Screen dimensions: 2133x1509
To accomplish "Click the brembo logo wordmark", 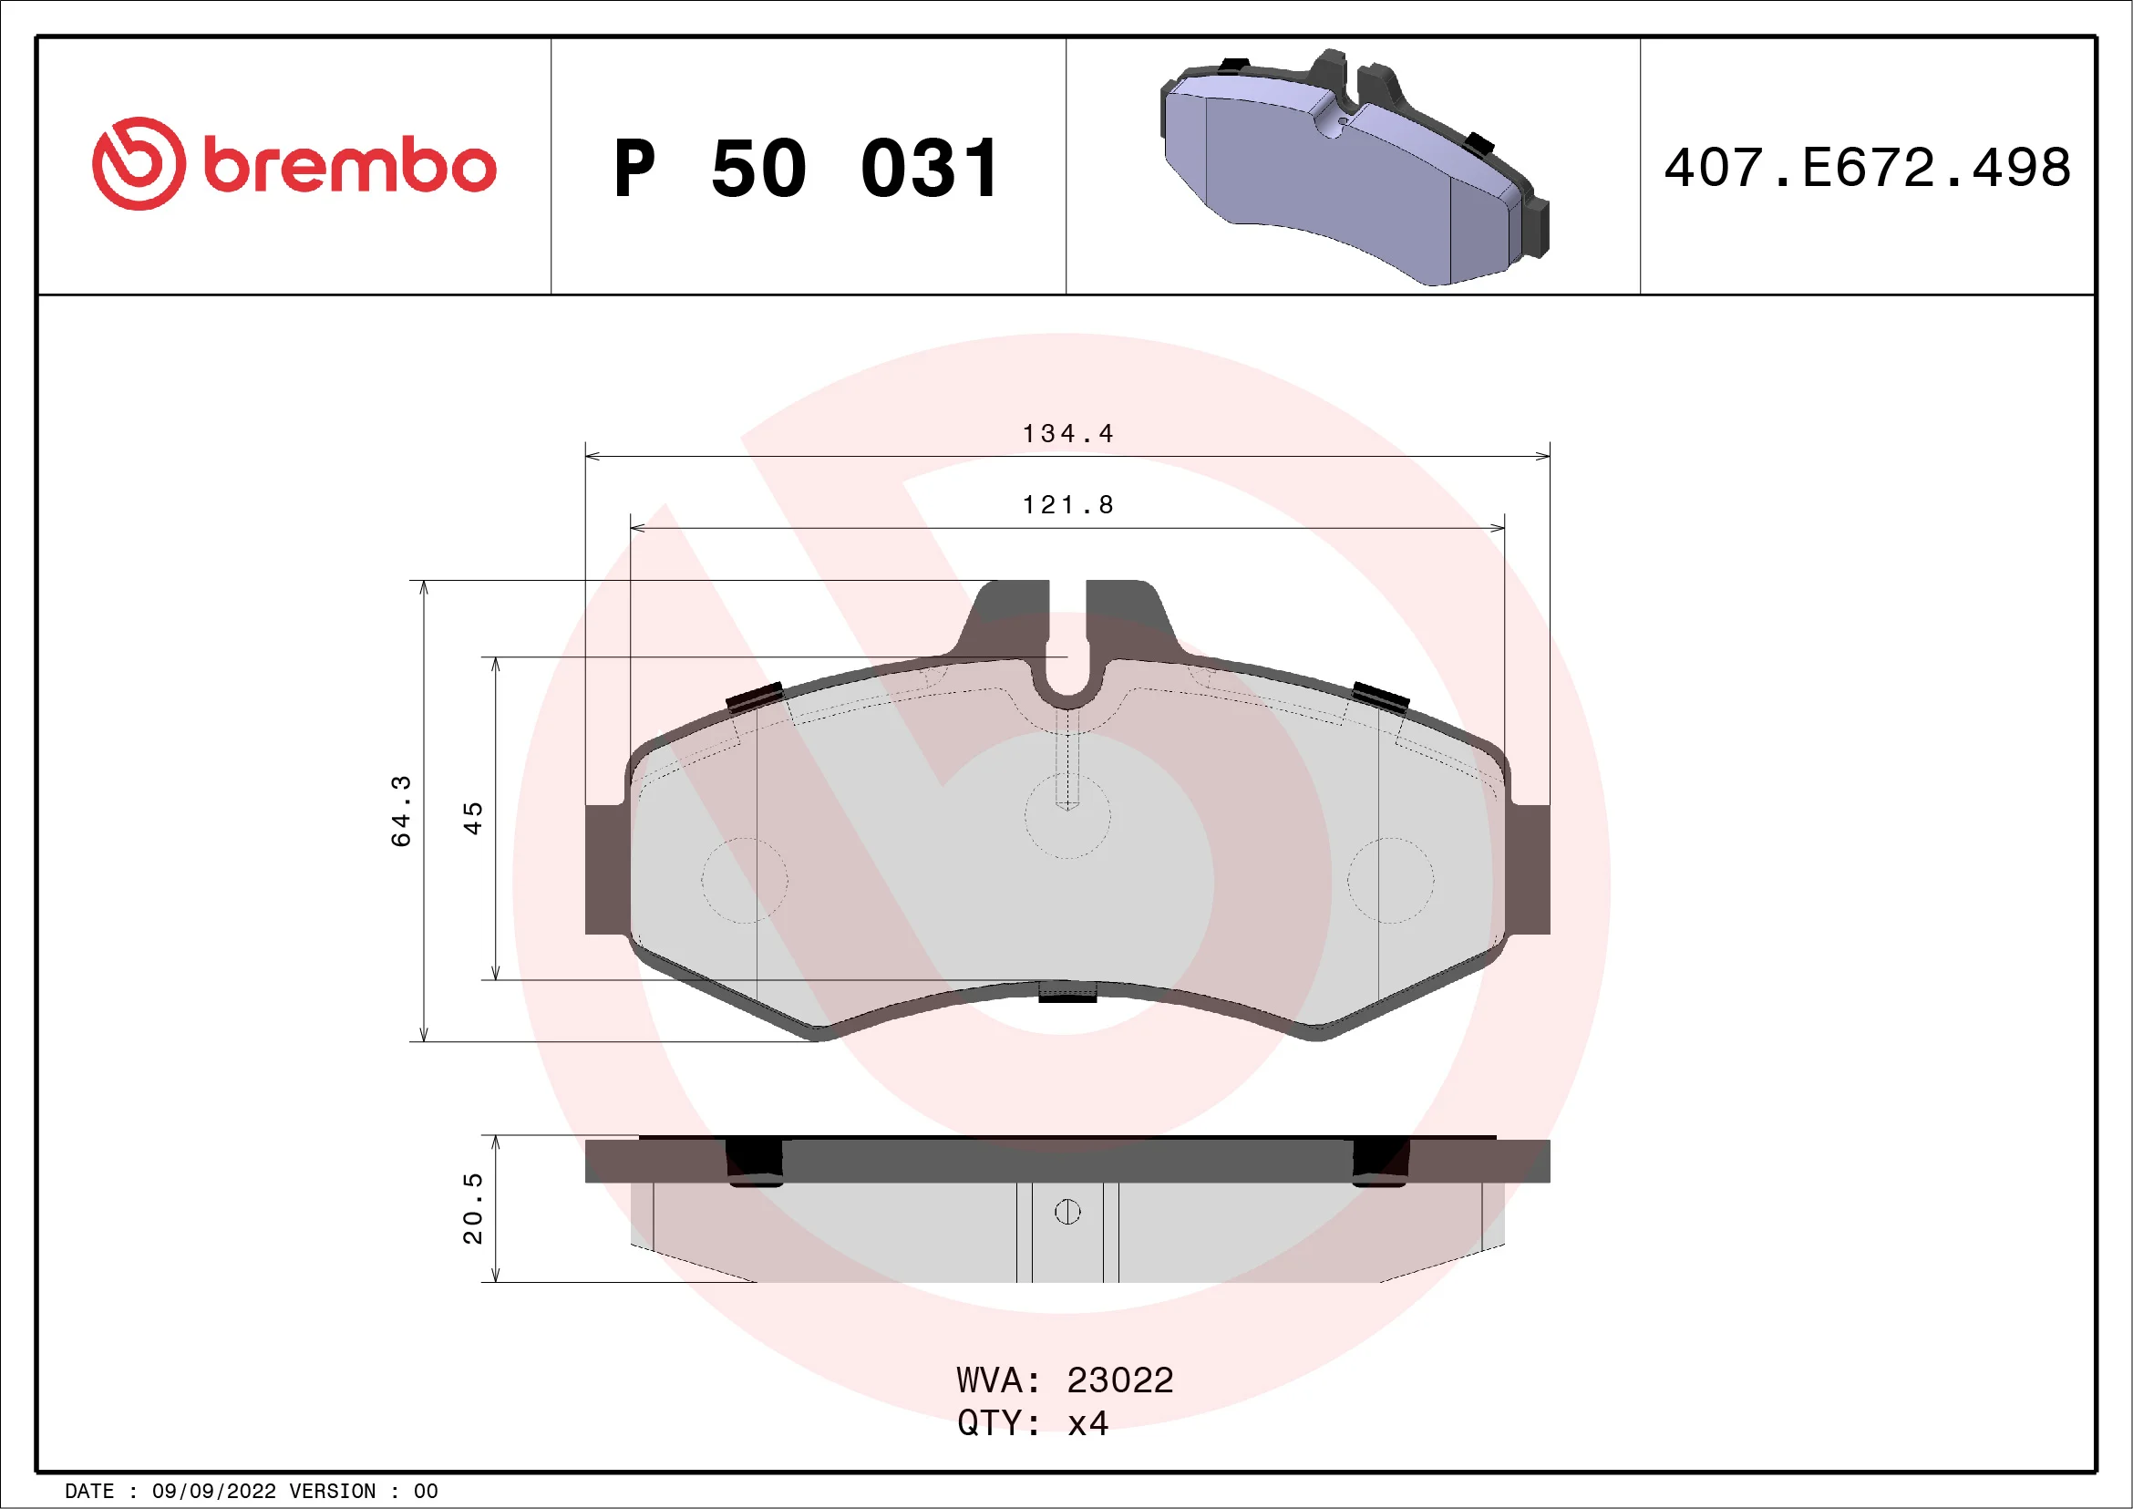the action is point(349,166).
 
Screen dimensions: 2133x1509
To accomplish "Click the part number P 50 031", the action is point(807,168).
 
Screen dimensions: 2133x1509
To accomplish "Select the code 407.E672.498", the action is point(1868,167).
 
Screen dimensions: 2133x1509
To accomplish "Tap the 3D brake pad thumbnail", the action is point(1355,167).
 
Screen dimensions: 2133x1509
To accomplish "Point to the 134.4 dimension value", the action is point(1067,433).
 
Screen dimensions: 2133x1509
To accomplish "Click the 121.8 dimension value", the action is point(1067,504).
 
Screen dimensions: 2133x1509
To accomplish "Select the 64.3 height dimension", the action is point(400,811).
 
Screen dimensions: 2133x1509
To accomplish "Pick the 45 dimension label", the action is point(473,818).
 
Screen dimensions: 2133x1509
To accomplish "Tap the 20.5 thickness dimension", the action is point(473,1208).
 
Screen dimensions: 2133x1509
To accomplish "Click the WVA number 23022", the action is point(1119,1380).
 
